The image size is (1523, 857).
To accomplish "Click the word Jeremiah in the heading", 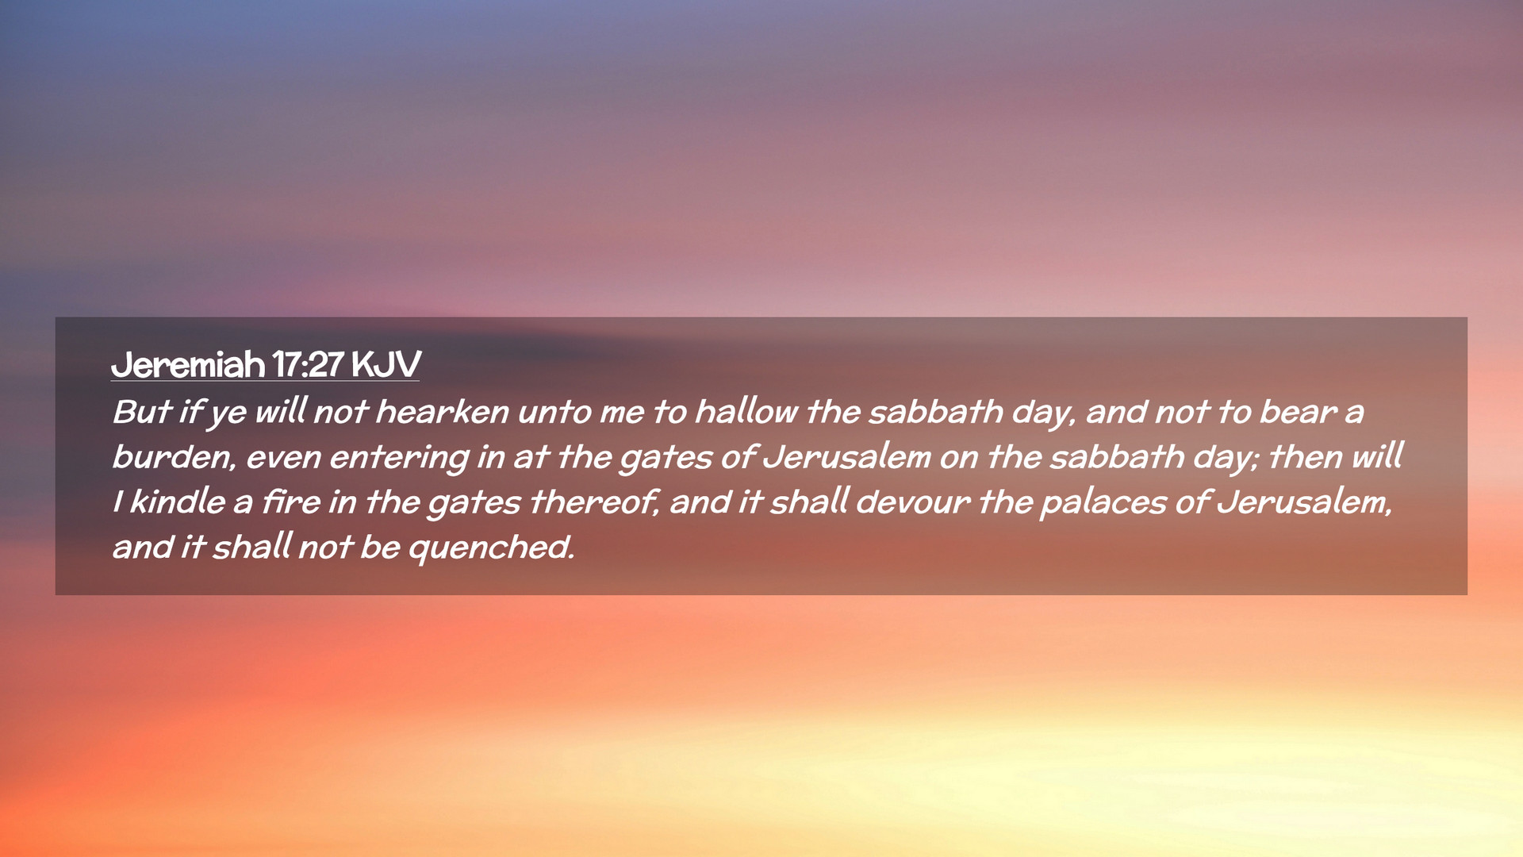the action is (188, 365).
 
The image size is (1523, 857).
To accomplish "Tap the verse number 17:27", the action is (308, 365).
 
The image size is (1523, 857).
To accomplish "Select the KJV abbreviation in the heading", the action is (386, 365).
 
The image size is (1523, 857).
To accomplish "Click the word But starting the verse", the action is (142, 412).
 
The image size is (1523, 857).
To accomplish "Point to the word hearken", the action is (441, 412).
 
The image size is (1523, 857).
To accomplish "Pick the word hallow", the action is (746, 412).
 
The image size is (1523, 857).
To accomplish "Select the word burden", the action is (174, 458).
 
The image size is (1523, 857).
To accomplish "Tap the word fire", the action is (291, 502).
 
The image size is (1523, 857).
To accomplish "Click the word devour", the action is (912, 502).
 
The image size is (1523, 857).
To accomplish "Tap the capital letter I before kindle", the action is (118, 502).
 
